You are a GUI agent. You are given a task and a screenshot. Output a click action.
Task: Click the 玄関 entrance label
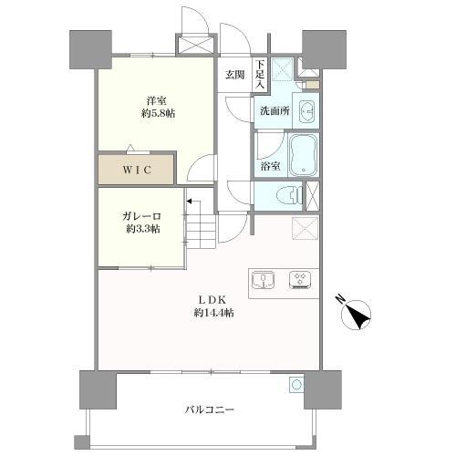(x=234, y=75)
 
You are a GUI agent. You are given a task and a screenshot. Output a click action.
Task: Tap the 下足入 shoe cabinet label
(x=260, y=75)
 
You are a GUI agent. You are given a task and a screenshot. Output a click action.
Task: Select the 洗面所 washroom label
(x=275, y=111)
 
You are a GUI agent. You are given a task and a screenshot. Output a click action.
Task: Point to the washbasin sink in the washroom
(x=306, y=111)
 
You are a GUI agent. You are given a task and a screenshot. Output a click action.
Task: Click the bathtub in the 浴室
(x=303, y=155)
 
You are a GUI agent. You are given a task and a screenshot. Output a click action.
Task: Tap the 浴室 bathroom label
(x=270, y=166)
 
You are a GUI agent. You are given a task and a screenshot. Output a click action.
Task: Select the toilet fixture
(x=290, y=195)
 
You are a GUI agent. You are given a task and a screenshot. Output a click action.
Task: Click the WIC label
(x=137, y=170)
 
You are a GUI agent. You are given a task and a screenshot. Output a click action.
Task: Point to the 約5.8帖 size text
(x=158, y=114)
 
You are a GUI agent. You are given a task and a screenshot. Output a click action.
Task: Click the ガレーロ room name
(x=141, y=216)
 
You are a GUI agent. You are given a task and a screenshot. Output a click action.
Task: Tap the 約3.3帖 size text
(x=143, y=229)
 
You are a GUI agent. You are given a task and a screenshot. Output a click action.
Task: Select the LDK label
(x=212, y=300)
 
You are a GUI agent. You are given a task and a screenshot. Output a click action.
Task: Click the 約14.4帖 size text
(x=213, y=313)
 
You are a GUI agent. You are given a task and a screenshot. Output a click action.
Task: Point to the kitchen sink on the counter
(x=264, y=280)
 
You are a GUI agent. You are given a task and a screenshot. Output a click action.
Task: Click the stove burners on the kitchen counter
(x=300, y=280)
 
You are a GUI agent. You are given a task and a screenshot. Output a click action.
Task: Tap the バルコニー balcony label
(x=210, y=410)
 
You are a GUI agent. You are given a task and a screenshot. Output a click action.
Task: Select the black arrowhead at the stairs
(x=189, y=201)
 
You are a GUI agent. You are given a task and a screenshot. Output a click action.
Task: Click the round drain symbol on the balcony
(x=296, y=385)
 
